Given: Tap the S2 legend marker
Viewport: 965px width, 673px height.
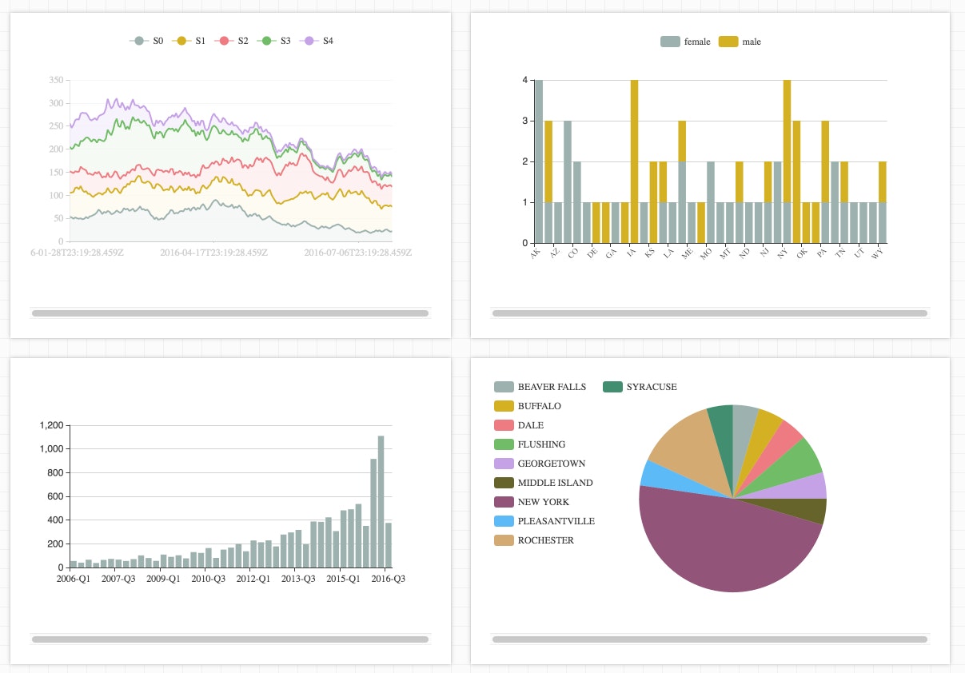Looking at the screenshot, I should tap(225, 41).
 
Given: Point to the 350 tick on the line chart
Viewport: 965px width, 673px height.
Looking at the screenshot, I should tap(55, 81).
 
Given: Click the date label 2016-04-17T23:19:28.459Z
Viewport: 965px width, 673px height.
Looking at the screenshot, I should tap(213, 253).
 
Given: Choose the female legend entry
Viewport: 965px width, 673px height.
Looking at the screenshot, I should tap(686, 42).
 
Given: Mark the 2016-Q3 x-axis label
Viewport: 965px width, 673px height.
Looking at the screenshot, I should tap(389, 579).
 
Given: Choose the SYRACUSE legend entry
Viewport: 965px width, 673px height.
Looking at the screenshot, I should tap(641, 387).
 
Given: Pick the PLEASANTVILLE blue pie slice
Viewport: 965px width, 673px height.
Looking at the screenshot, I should tap(649, 474).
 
